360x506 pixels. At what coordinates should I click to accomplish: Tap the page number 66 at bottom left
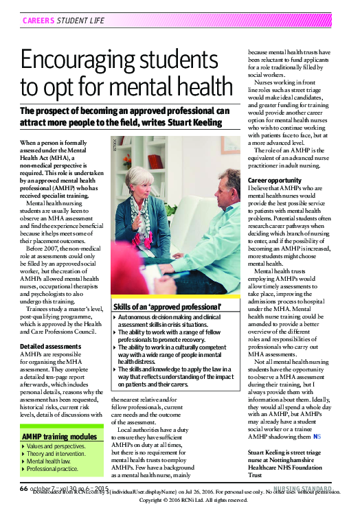(x=23, y=488)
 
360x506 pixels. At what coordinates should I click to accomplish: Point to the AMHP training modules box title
(x=60, y=436)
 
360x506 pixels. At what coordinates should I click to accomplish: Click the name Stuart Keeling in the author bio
(x=271, y=453)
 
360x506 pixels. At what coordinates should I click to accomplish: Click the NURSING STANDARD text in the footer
(x=316, y=488)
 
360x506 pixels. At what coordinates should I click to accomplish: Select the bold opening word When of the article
(x=28, y=141)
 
